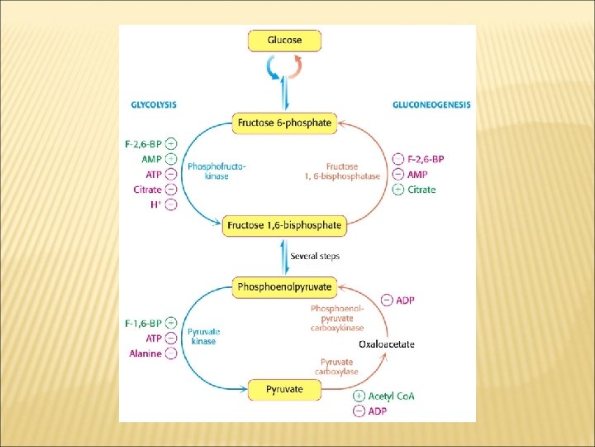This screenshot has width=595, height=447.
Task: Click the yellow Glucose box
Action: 284,40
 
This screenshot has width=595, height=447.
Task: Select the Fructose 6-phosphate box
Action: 284,123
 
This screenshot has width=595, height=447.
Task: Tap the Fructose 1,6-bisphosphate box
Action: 284,225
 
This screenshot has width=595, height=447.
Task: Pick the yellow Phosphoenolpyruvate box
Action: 284,287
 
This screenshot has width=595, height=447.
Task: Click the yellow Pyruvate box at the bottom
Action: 284,389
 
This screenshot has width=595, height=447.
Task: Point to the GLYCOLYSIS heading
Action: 154,104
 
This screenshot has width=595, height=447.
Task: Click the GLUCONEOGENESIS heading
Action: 431,104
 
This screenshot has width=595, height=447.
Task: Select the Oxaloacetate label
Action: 386,344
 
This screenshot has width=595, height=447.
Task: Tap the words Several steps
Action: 315,256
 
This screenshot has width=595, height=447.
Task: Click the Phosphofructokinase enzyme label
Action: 217,171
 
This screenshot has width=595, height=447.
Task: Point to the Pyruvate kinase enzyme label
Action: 202,336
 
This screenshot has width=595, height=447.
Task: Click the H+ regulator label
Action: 155,204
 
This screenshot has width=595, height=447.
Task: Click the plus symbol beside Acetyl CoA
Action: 358,396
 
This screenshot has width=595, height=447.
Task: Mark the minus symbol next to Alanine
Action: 170,353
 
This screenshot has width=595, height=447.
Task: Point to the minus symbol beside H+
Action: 170,204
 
